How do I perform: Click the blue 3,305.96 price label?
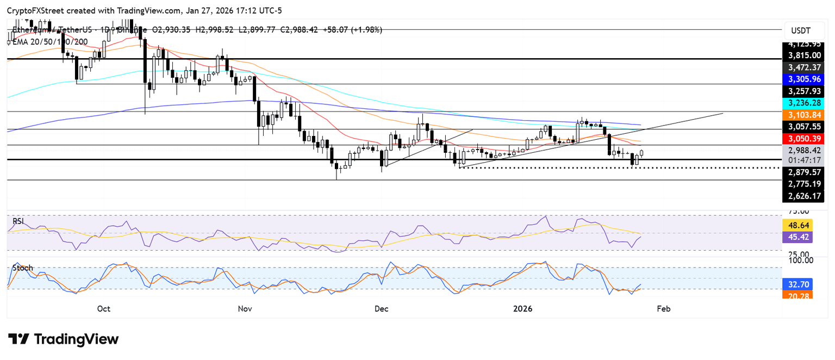tap(805, 79)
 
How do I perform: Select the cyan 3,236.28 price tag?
tap(805, 103)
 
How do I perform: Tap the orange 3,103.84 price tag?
tap(805, 115)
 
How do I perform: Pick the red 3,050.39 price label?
tap(805, 139)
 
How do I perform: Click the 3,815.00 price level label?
tap(805, 55)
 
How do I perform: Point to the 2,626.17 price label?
tap(805, 196)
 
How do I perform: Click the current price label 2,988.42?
tap(805, 151)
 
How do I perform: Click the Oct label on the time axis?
tap(104, 309)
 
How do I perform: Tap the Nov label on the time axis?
tap(245, 309)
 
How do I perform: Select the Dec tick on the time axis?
tap(381, 309)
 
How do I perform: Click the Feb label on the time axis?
tap(663, 309)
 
